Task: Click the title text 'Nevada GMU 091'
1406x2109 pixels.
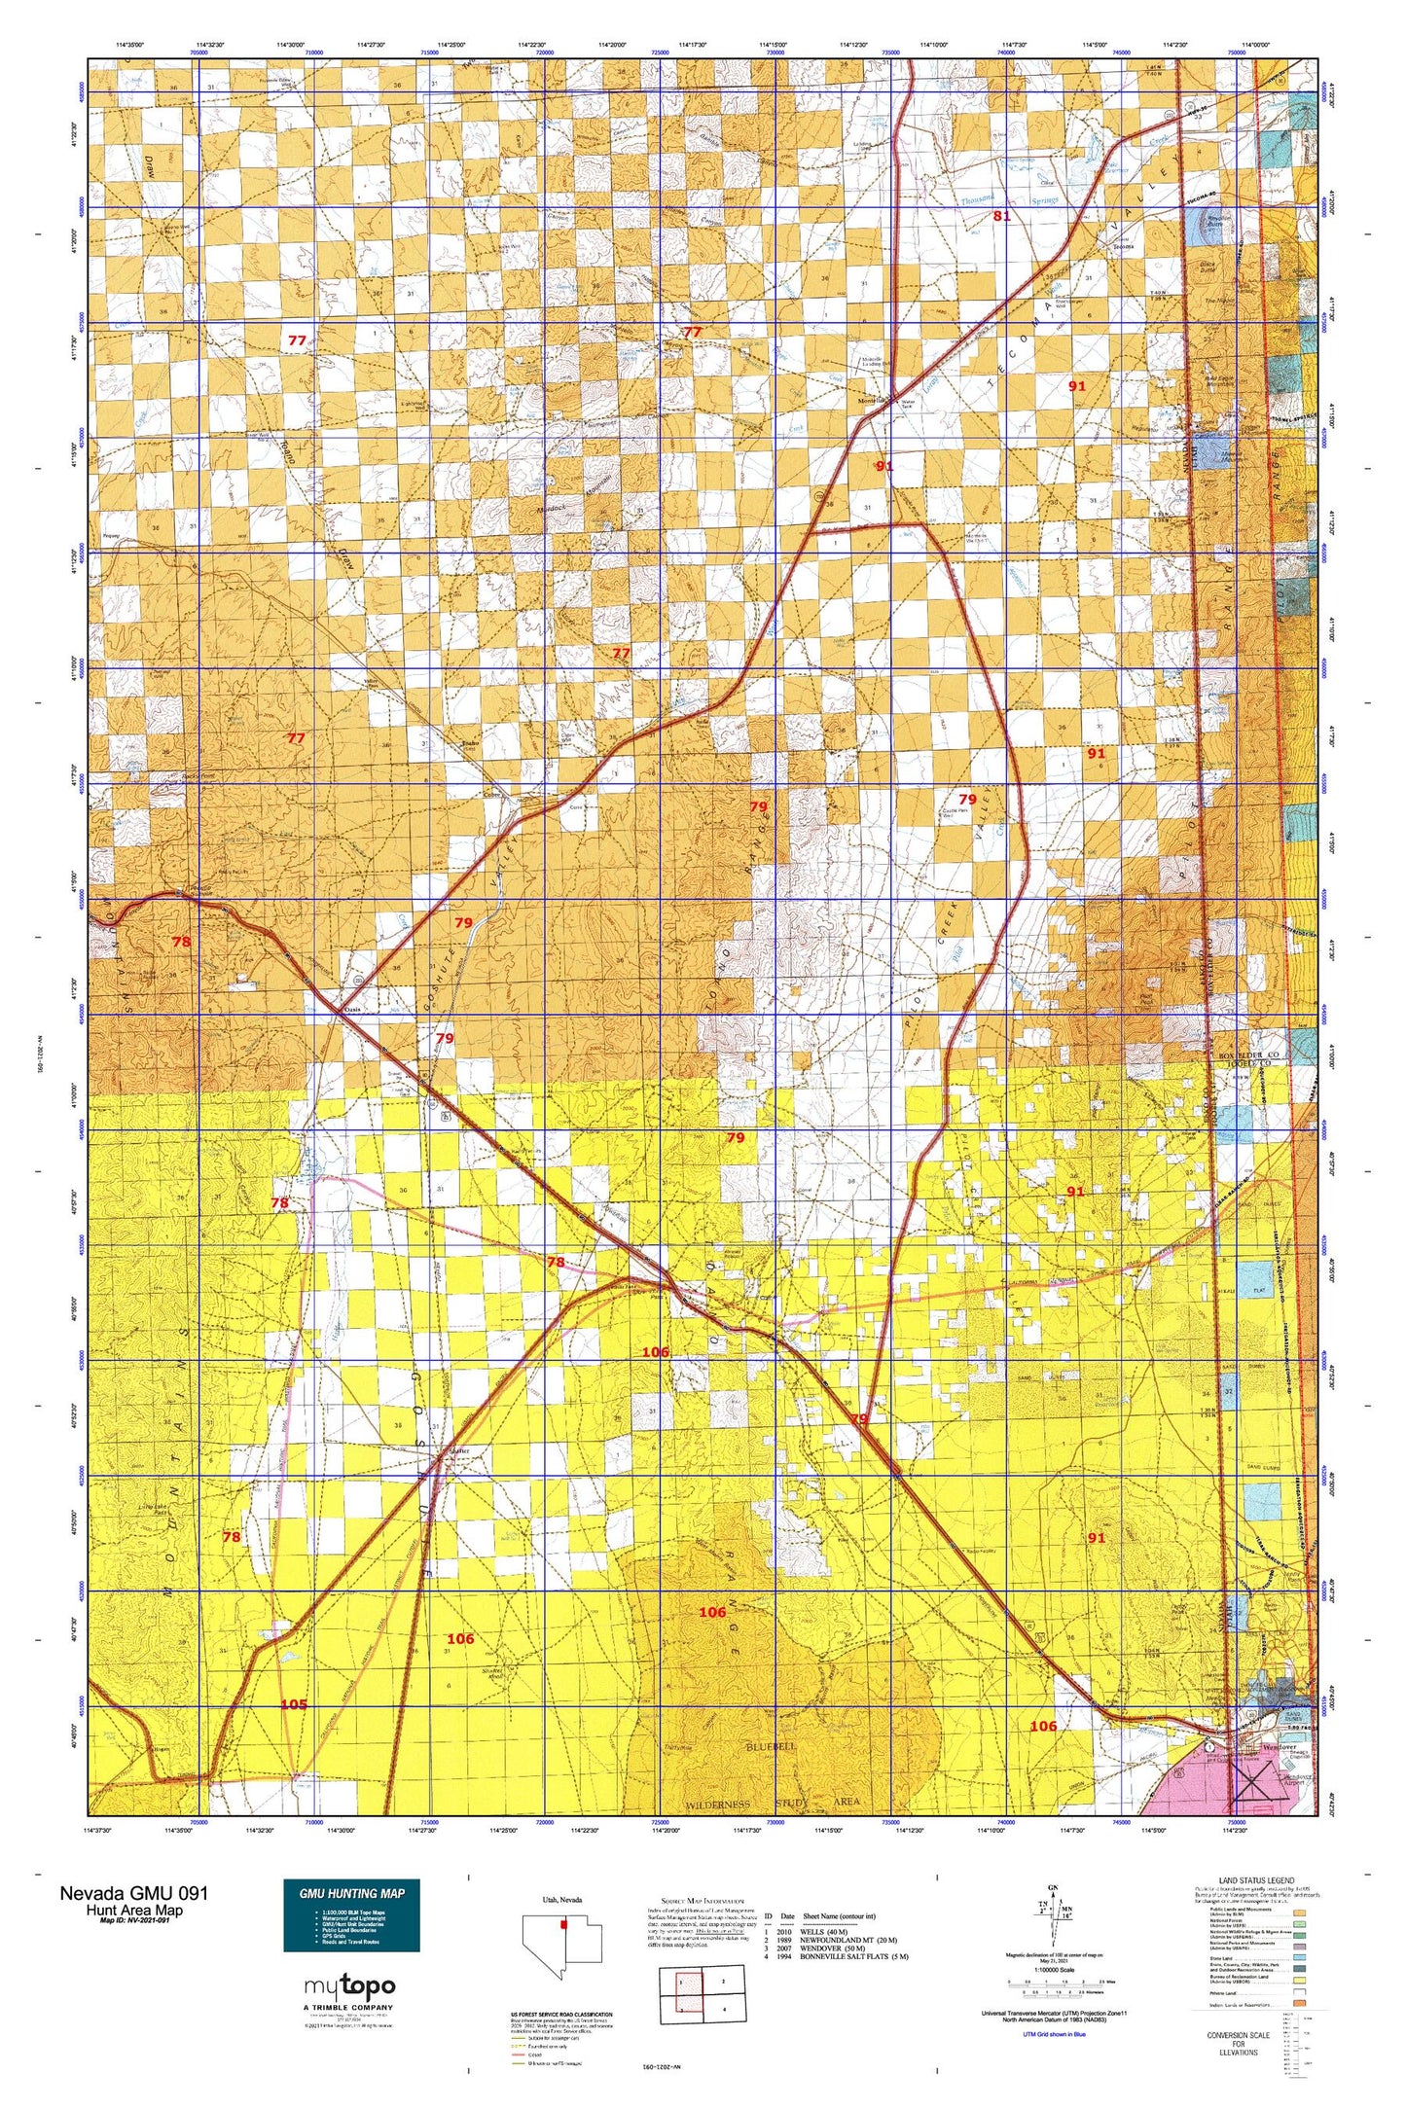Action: click(x=133, y=1893)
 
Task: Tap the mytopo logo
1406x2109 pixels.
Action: click(x=349, y=1985)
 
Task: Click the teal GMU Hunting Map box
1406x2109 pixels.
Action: click(x=351, y=1914)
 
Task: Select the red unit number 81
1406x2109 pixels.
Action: click(x=1001, y=217)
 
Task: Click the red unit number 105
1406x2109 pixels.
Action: click(x=294, y=1703)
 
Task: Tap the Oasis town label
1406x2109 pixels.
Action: click(x=353, y=1010)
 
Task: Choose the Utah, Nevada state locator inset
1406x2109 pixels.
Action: click(x=562, y=1939)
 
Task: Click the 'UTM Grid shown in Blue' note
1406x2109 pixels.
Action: click(x=1046, y=2034)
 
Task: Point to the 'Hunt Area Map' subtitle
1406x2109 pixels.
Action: click(x=133, y=1910)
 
